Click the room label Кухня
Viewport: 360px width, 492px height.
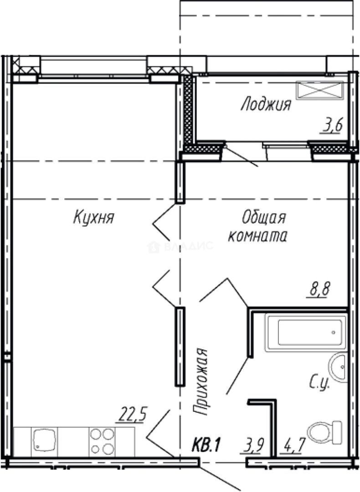93,218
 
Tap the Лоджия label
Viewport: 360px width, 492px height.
266,105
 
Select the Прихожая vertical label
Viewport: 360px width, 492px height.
201,381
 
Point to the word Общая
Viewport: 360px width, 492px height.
264,218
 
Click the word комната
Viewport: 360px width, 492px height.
257,236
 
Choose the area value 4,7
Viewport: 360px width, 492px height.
294,443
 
